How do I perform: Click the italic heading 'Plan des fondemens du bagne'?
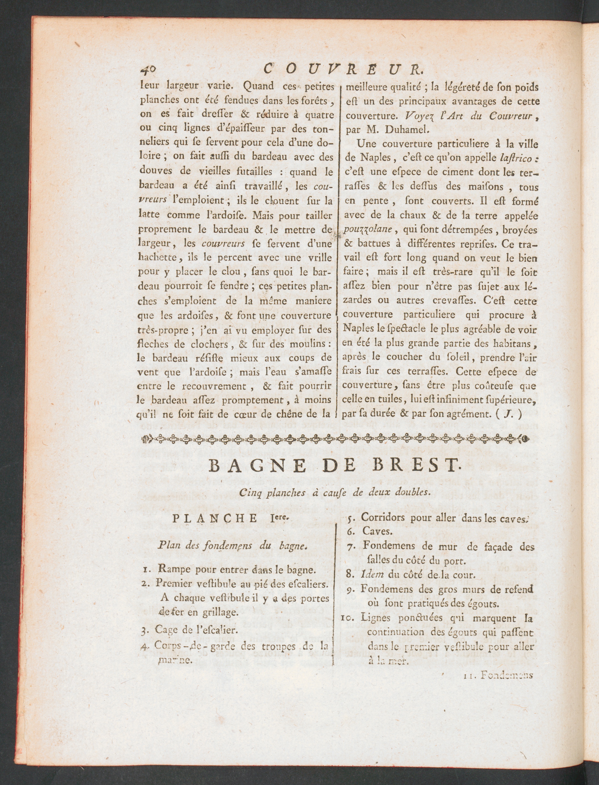click(x=232, y=545)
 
